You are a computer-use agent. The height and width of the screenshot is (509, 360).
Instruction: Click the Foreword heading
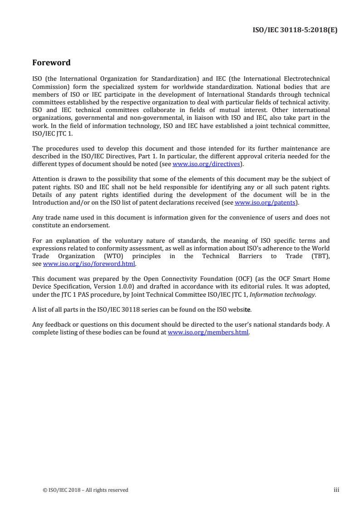pyautogui.click(x=51, y=63)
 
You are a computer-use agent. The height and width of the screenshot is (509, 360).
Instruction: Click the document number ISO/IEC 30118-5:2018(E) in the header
pyautogui.click(x=295, y=31)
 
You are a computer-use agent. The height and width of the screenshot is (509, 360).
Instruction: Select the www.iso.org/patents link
pyautogui.click(x=266, y=203)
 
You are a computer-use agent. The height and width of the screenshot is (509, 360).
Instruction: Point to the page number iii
pyautogui.click(x=336, y=490)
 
